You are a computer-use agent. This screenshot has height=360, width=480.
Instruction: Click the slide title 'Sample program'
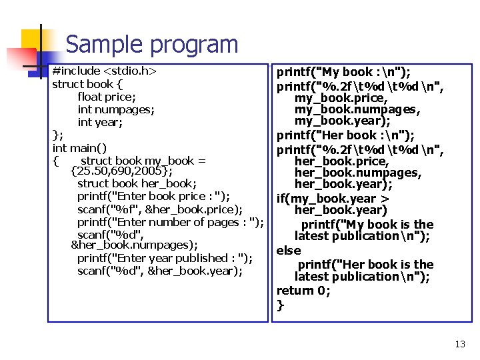(151, 45)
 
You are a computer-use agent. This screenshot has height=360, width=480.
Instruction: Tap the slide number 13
(459, 344)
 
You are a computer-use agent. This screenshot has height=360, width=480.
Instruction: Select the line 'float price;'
(106, 97)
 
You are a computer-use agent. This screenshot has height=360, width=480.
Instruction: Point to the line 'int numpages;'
(116, 109)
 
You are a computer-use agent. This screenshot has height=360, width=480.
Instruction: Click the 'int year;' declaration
(101, 122)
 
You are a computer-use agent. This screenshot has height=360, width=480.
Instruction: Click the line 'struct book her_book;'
(137, 183)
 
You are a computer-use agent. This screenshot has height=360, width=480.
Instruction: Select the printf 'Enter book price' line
(153, 196)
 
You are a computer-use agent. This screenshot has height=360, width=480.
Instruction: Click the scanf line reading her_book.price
(159, 209)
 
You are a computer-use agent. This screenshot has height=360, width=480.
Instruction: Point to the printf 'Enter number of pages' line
(170, 222)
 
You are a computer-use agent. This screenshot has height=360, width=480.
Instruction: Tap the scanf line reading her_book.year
(159, 271)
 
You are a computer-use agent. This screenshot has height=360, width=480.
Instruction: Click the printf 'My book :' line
(344, 72)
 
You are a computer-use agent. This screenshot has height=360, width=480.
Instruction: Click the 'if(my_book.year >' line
(333, 199)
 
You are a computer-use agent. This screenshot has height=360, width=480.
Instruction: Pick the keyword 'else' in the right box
(289, 251)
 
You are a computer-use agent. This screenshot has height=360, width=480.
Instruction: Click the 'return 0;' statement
(303, 291)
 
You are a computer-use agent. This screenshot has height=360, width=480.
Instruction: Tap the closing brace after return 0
(281, 305)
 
